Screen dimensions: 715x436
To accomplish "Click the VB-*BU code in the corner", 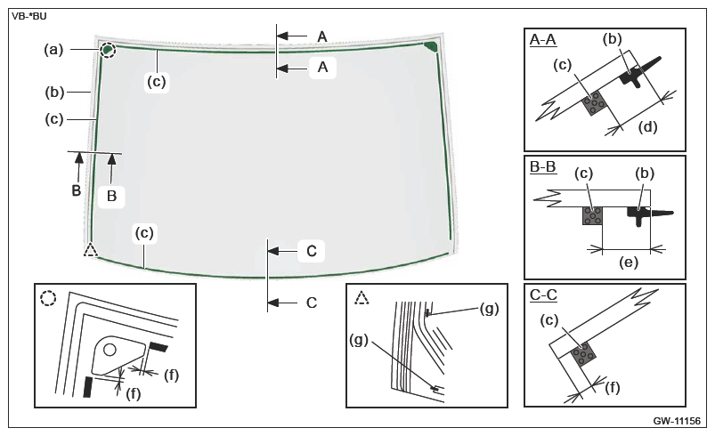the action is [29, 17].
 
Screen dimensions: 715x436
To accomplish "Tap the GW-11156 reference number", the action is [676, 421].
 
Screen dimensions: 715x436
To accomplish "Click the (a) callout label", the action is [53, 50].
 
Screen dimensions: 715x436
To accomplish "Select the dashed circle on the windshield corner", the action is [108, 50].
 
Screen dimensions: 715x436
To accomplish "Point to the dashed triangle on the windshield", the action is [91, 250].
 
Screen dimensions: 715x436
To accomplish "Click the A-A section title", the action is [542, 40].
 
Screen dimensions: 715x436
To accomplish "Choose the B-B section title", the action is [542, 166].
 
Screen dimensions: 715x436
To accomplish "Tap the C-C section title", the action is [543, 295].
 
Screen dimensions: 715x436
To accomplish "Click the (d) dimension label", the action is [647, 126].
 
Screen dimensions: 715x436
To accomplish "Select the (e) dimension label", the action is [629, 262].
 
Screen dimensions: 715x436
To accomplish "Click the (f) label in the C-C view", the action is [613, 388].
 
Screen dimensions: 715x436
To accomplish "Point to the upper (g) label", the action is [490, 309].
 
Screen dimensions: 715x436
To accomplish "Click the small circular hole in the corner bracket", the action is [110, 350].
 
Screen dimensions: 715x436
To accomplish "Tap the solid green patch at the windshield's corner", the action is [430, 46].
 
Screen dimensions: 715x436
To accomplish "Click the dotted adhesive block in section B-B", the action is [592, 215].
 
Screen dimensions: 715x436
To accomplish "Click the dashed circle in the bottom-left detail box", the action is [48, 298].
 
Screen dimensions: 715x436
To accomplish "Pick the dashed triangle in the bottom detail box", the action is [362, 298].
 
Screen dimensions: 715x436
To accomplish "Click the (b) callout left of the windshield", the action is [54, 93].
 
